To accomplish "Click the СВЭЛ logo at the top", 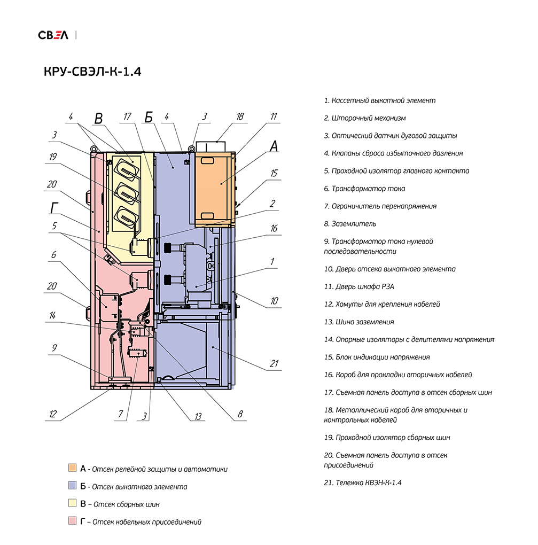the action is click(53, 35).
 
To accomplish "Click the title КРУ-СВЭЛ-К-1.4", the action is click(92, 72).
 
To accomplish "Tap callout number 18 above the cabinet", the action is click(240, 116).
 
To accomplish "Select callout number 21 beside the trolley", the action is click(274, 363).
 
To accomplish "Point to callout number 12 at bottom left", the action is click(52, 414).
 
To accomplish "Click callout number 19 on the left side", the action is click(53, 157).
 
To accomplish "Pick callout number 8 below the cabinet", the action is click(240, 414).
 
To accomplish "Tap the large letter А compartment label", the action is click(274, 146).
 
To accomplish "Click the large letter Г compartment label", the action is click(54, 208).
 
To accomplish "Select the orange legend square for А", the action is click(72, 468).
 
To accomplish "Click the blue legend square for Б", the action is click(72, 485).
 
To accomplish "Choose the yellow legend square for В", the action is click(72, 503).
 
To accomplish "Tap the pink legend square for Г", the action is click(72, 520).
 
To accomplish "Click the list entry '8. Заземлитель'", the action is click(350, 224).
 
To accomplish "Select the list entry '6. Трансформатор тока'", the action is click(364, 189).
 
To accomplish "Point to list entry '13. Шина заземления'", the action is click(359, 322).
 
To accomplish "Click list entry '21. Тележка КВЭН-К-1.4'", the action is click(363, 483).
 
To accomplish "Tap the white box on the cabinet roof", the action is click(211, 147).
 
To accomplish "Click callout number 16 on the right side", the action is click(274, 228).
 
